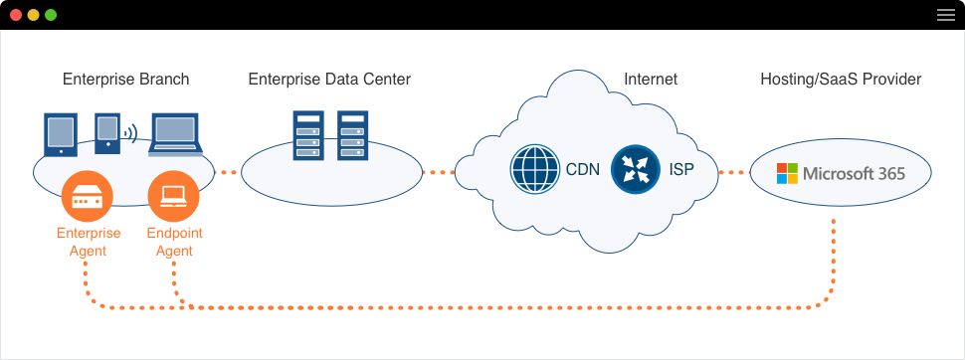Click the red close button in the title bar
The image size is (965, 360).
click(x=16, y=15)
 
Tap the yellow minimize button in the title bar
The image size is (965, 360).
click(x=33, y=15)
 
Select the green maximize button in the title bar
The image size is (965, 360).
click(x=51, y=15)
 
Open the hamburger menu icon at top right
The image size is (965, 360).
click(x=945, y=15)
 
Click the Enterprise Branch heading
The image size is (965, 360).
click(x=125, y=80)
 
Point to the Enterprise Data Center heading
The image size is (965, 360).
click(x=329, y=80)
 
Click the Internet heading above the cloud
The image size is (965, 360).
click(x=650, y=80)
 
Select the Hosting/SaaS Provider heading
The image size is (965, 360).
click(x=841, y=80)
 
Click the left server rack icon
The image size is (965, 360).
click(x=307, y=135)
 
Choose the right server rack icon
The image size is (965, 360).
click(x=352, y=135)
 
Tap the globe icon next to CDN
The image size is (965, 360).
click(x=535, y=169)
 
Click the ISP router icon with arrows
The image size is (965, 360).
click(x=636, y=169)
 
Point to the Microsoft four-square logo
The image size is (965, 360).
click(x=787, y=173)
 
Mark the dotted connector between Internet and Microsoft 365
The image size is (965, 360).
click(x=731, y=172)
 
